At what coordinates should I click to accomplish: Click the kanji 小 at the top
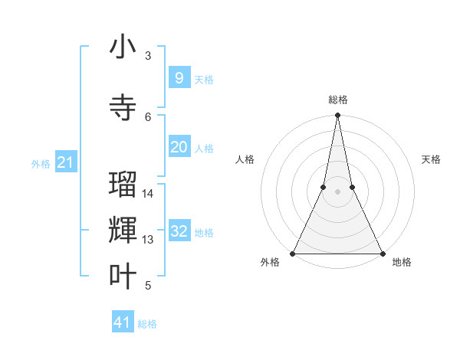point(123,47)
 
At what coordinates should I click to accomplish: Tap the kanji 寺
point(123,107)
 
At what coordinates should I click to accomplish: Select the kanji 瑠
point(123,185)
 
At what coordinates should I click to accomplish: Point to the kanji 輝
point(123,230)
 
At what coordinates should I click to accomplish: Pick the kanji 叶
point(123,277)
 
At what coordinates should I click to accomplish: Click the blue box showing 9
point(179,78)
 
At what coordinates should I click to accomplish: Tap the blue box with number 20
point(179,147)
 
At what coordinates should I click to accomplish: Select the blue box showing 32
point(179,232)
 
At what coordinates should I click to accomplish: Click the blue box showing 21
point(65,162)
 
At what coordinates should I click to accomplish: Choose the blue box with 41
point(123,322)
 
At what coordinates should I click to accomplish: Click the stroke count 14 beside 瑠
point(149,194)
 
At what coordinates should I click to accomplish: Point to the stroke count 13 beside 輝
point(149,240)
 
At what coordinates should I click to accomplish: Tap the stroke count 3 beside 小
point(148,56)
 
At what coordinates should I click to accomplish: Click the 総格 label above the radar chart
point(337,100)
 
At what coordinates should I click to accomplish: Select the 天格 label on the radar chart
point(431,159)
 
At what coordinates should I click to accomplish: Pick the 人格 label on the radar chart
point(245,159)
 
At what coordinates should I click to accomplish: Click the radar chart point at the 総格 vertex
point(337,116)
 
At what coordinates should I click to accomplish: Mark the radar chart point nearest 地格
point(382,254)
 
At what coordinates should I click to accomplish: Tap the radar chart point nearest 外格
point(293,254)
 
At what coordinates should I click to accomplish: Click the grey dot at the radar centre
point(337,192)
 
